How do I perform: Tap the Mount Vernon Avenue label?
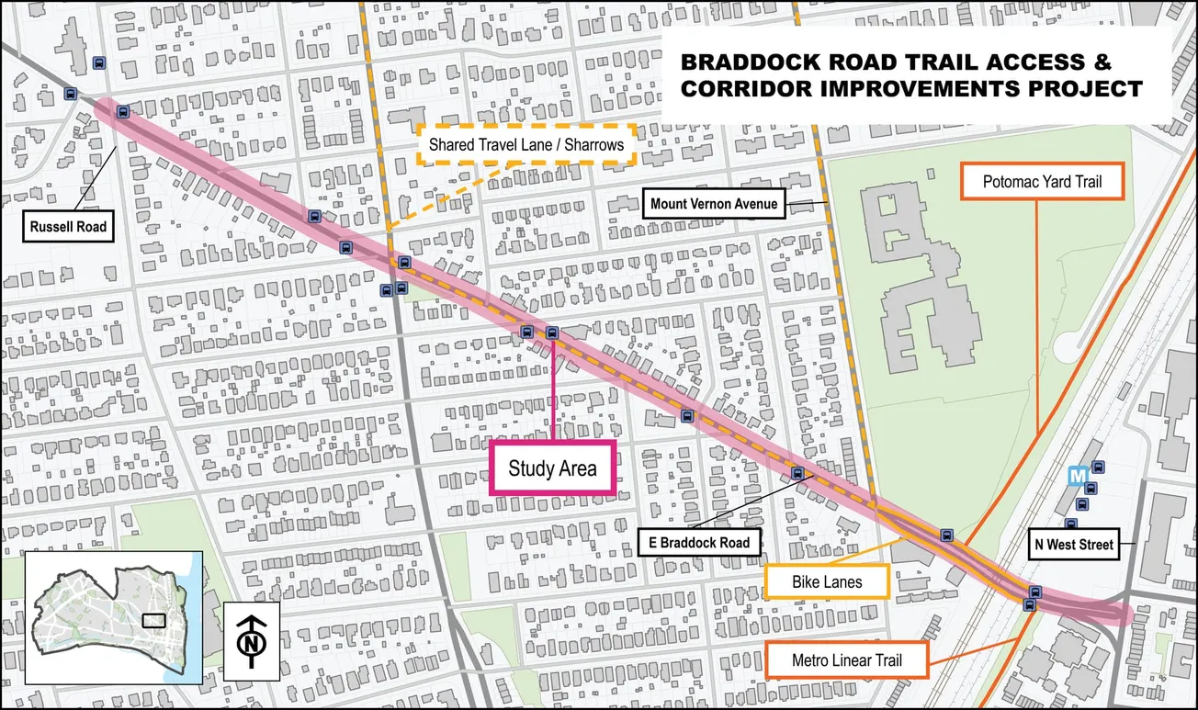(714, 204)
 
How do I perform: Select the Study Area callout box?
(552, 468)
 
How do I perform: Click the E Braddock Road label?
(698, 542)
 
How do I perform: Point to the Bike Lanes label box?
(827, 581)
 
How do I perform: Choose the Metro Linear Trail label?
(846, 660)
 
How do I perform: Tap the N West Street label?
(1073, 545)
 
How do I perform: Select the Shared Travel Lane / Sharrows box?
(526, 144)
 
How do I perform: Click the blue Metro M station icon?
(1079, 475)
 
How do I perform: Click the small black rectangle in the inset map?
(154, 620)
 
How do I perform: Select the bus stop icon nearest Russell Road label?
(123, 112)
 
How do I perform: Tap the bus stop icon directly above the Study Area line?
(552, 332)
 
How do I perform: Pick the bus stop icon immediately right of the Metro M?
(1097, 468)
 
